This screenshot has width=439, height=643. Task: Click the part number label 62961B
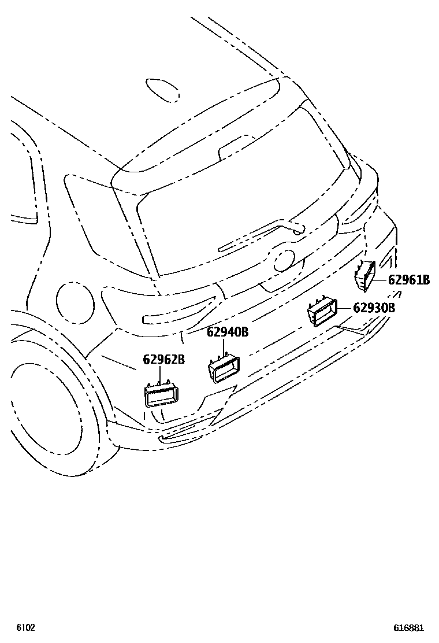point(408,280)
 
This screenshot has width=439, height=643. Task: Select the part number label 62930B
point(374,308)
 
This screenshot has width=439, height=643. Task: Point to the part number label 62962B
point(163,360)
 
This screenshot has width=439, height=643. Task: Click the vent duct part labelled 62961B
point(364,275)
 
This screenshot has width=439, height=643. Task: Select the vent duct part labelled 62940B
point(224,369)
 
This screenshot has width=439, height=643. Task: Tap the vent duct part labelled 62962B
point(161,395)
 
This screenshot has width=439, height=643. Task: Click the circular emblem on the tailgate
point(284,260)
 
